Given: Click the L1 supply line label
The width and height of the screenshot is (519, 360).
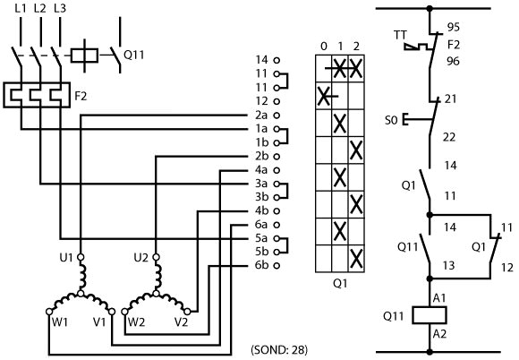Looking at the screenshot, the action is click(x=21, y=8).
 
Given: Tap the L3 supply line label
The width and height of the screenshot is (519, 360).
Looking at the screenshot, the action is click(x=60, y=8).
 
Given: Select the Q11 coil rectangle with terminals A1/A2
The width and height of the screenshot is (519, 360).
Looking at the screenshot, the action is click(x=430, y=315).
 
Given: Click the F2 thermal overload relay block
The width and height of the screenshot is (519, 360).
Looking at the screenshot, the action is click(x=37, y=95).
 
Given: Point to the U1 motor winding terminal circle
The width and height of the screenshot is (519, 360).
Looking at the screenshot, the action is click(x=81, y=257).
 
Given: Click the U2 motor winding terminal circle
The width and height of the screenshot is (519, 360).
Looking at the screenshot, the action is click(x=156, y=257).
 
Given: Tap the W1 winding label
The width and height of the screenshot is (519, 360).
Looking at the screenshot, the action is click(x=60, y=321).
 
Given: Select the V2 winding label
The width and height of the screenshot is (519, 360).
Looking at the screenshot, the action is click(x=181, y=321).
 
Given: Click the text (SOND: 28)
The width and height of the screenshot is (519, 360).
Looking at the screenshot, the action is click(x=279, y=350).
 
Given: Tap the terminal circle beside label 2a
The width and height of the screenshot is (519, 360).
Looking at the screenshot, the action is click(x=277, y=116).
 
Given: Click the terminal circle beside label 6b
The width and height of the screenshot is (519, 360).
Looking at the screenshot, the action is click(x=277, y=265).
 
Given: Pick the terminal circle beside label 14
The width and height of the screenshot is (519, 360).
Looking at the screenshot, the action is click(x=277, y=60).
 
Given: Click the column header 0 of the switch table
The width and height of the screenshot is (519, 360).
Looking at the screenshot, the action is click(x=324, y=47).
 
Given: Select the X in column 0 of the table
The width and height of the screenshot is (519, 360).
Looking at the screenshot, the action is click(x=324, y=96).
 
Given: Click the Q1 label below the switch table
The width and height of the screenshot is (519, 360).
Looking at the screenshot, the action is click(x=340, y=283).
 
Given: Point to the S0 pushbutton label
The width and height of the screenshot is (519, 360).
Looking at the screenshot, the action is click(x=391, y=120).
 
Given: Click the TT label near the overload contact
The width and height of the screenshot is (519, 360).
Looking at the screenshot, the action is click(x=400, y=35).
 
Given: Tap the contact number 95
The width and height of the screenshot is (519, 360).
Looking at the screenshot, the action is click(x=454, y=27).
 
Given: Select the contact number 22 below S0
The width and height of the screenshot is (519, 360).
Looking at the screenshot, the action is click(x=449, y=137).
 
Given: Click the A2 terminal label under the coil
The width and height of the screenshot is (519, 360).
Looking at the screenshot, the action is click(x=439, y=334).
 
